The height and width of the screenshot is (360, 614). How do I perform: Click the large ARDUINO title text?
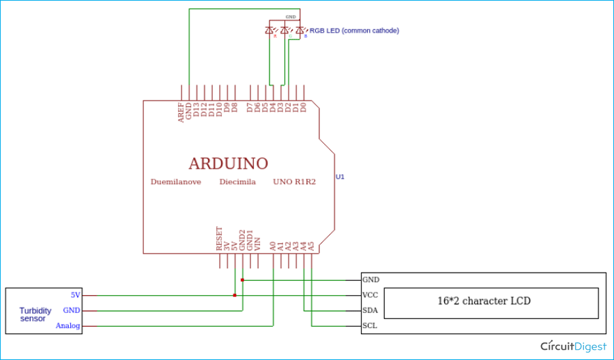tap(228, 164)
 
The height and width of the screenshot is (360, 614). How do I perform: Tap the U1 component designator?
tap(340, 177)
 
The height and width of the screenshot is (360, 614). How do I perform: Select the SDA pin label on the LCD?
tap(371, 310)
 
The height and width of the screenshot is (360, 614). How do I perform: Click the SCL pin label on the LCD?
tap(370, 326)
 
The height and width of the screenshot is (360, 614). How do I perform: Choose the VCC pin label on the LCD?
tap(370, 295)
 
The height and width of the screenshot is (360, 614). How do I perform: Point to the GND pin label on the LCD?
tap(371, 280)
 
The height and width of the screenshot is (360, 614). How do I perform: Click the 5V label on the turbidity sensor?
tap(75, 295)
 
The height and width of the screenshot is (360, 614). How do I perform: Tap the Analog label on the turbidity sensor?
tap(68, 326)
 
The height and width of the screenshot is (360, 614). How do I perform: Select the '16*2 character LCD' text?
tap(484, 301)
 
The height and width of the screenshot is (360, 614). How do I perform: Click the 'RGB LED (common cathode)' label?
tap(354, 31)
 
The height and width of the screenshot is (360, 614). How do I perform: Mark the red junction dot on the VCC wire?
tap(235, 295)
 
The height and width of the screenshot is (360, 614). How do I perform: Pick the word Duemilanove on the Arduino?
tap(176, 182)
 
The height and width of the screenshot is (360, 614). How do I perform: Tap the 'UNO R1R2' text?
tap(294, 182)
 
